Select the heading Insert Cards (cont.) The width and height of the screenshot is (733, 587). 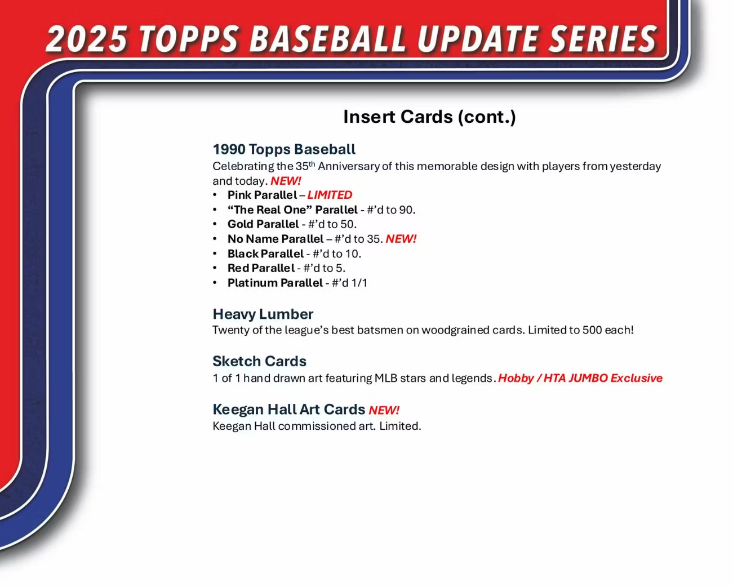click(429, 117)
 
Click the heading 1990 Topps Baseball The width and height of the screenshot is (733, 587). click(284, 149)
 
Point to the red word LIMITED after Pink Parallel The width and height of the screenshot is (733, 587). click(330, 195)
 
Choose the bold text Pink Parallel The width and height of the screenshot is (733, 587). click(263, 195)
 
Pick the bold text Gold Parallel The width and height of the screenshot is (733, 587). click(263, 224)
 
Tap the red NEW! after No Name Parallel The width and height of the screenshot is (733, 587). click(401, 239)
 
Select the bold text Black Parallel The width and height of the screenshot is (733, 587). click(265, 254)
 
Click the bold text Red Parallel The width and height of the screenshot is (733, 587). click(261, 268)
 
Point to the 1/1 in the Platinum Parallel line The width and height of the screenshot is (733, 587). click(359, 283)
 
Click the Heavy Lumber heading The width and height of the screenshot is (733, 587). click(263, 314)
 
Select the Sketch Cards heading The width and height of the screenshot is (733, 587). click(260, 361)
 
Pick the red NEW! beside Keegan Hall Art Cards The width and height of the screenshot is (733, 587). click(384, 410)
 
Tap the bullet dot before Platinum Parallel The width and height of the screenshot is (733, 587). click(215, 283)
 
